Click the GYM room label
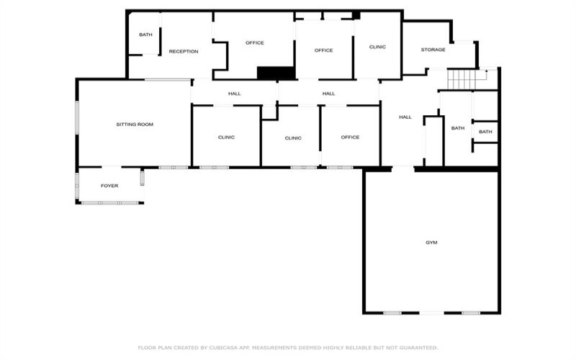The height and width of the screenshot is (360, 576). pos(431,243)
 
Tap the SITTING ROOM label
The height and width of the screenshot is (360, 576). pos(135,125)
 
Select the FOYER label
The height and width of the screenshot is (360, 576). pos(109,186)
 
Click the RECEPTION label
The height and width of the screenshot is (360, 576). pos(184,51)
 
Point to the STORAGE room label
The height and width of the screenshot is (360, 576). pos(433,50)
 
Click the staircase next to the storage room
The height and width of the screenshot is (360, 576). pos(462,80)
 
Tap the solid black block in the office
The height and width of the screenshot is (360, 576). pos(276,73)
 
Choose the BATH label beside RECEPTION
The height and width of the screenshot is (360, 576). pos(145,35)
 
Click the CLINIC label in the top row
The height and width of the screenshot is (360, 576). pos(377,47)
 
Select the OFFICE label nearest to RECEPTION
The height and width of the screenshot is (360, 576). pos(255,43)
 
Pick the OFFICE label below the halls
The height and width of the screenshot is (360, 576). pos(350,138)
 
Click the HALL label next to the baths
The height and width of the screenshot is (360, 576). pos(405,117)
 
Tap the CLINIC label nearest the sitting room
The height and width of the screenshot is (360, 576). pos(226,138)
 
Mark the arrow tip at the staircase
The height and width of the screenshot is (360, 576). pos(487,70)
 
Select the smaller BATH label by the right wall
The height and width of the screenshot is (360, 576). pos(485,132)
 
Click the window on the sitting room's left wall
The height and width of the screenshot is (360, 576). pos(77,117)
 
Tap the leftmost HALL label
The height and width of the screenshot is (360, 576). pos(235,94)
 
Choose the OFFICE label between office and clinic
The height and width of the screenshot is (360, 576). pos(323,50)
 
